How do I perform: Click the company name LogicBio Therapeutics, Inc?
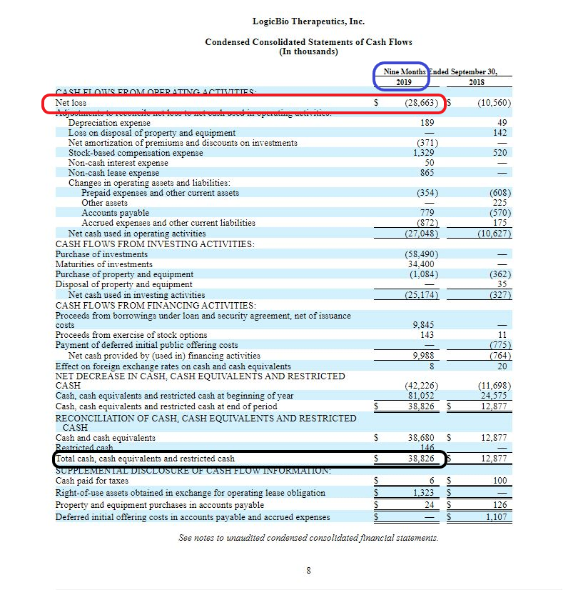coord(308,21)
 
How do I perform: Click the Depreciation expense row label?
coord(109,123)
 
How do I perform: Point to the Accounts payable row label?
coord(115,213)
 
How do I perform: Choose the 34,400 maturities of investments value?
coord(422,264)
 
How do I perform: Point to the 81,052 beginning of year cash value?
coord(422,396)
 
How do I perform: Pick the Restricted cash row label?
coord(85,448)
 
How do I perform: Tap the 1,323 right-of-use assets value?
coord(424,493)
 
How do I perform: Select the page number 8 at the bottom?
coord(308,570)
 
